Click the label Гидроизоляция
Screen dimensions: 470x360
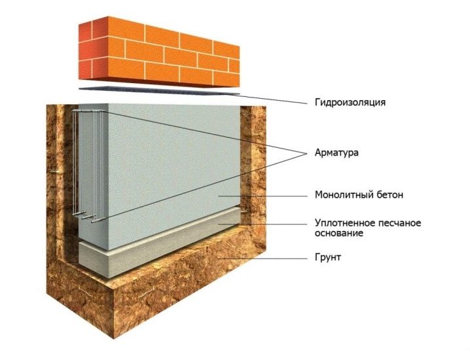350,103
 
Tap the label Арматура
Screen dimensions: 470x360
336,153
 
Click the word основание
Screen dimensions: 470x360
339,233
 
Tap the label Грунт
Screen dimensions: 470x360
328,257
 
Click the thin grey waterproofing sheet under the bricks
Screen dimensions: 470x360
159,90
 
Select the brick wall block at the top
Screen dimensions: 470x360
159,52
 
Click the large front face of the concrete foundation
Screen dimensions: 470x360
174,174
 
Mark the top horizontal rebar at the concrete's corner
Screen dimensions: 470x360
89,111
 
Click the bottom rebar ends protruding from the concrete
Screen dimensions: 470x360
86,217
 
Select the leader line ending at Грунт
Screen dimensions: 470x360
263,258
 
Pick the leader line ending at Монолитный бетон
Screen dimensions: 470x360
263,196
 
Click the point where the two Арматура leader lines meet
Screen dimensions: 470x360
307,153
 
